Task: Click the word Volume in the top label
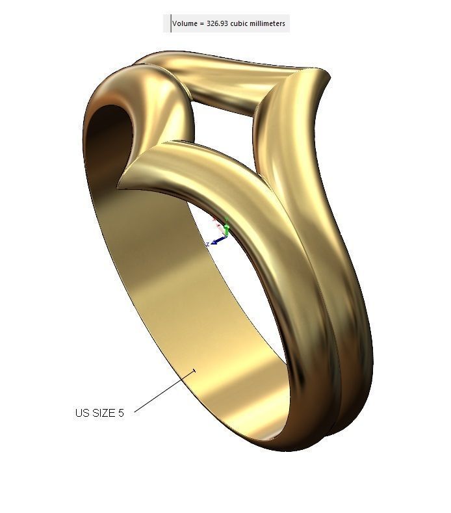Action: pyautogui.click(x=185, y=23)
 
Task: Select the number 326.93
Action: pyautogui.click(x=218, y=23)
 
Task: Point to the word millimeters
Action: pyautogui.click(x=270, y=23)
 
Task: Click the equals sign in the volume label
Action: pyautogui.click(x=202, y=23)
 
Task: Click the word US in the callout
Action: pyautogui.click(x=81, y=413)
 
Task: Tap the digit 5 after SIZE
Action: pyautogui.click(x=121, y=413)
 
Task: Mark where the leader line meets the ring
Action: pyautogui.click(x=195, y=371)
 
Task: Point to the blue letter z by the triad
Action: pyautogui.click(x=207, y=244)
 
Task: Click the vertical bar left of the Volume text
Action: pyautogui.click(x=171, y=23)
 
